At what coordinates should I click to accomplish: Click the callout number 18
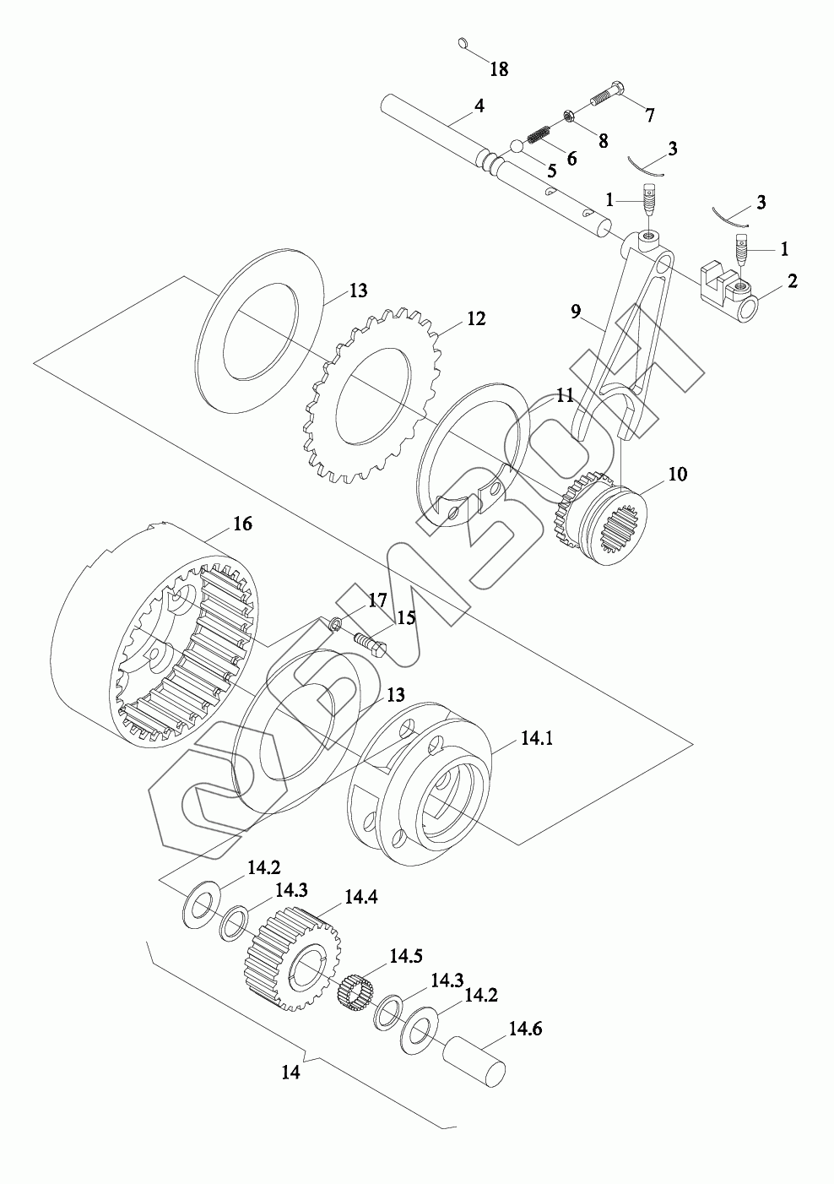click(x=499, y=69)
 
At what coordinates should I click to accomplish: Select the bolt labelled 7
click(x=605, y=94)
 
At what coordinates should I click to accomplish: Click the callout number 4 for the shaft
click(x=479, y=106)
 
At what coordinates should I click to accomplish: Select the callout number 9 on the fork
click(x=576, y=311)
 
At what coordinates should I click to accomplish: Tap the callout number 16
click(x=242, y=524)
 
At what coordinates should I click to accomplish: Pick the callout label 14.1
click(x=536, y=738)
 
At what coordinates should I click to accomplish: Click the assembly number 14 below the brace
click(x=290, y=1073)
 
